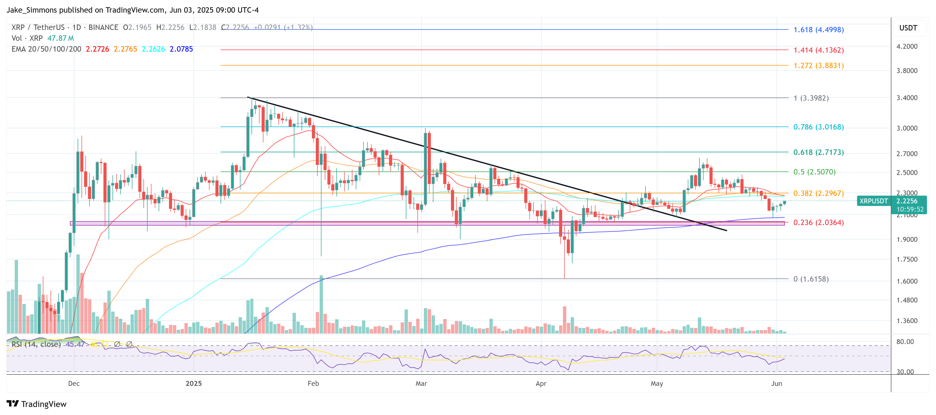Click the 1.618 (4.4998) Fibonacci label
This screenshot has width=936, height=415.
coord(818,30)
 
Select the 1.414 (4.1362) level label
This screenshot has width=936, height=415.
coord(818,50)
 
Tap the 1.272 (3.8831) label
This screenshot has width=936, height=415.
coord(818,66)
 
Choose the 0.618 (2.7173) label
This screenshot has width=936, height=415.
coord(818,152)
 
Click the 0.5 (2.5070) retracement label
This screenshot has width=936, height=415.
coord(814,172)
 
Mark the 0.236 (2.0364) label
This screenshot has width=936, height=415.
coord(818,222)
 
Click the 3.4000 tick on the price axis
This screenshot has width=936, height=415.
coord(907,98)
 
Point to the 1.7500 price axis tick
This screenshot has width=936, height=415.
coord(907,259)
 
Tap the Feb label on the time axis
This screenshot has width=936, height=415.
coord(313,383)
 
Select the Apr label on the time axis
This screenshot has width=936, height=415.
coord(541,383)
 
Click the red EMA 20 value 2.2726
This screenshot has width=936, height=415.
coord(97,49)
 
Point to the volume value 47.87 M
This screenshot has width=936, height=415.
coord(60,38)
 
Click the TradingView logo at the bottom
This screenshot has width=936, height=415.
coord(36,404)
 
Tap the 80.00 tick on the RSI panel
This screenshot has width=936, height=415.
coord(905,342)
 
